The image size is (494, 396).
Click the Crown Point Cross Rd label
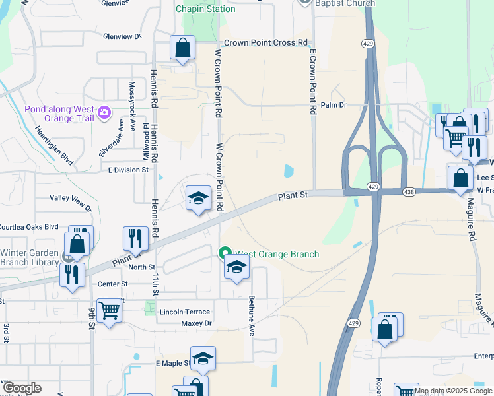[x=266, y=43]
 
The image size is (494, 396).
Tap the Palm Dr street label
[x=334, y=105]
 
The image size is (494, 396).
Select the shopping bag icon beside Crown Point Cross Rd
[x=182, y=48]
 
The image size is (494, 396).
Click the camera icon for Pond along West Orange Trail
[x=104, y=113]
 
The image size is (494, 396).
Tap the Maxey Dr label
[x=196, y=323]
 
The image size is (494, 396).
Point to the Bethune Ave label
[x=252, y=315]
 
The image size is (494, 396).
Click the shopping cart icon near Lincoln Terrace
[x=109, y=310]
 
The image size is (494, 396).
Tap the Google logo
[x=21, y=387]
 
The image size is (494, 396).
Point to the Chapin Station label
[x=205, y=9]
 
